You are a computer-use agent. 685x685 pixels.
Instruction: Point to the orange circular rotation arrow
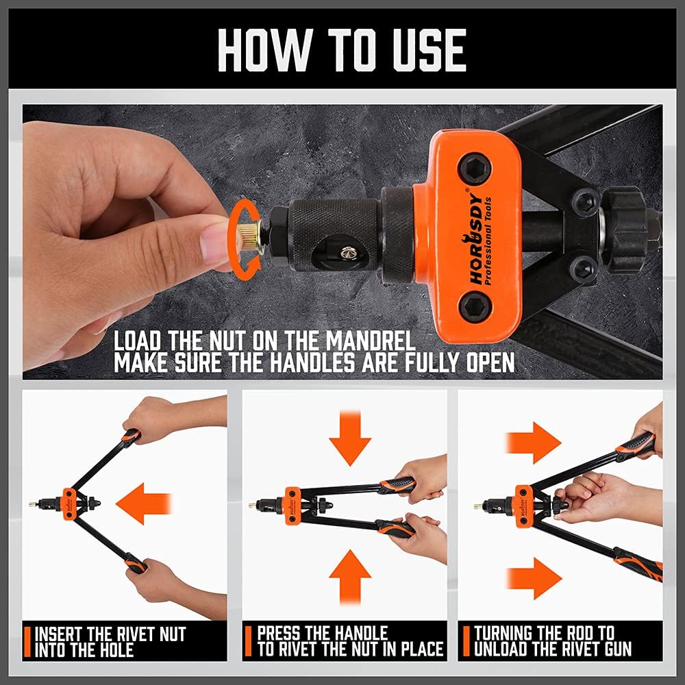click(x=240, y=234)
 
